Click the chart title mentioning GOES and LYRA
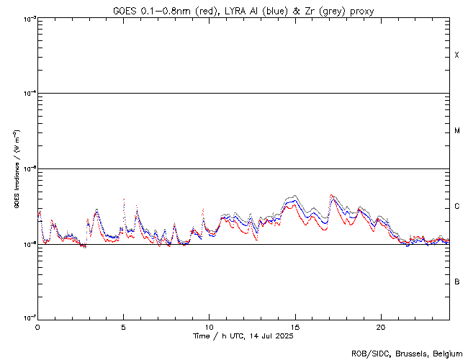click(x=243, y=11)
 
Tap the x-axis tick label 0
click(x=37, y=326)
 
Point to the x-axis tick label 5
click(x=123, y=326)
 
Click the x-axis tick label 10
click(x=209, y=326)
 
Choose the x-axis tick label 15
click(x=294, y=326)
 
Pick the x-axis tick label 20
click(x=380, y=326)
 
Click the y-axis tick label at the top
click(x=27, y=19)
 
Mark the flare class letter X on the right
click(x=457, y=55)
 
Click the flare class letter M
click(x=457, y=131)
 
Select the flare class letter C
click(x=457, y=207)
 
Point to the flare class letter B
click(x=457, y=282)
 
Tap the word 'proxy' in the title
click(x=361, y=11)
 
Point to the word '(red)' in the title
click(x=205, y=11)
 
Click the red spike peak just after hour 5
click(x=125, y=199)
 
